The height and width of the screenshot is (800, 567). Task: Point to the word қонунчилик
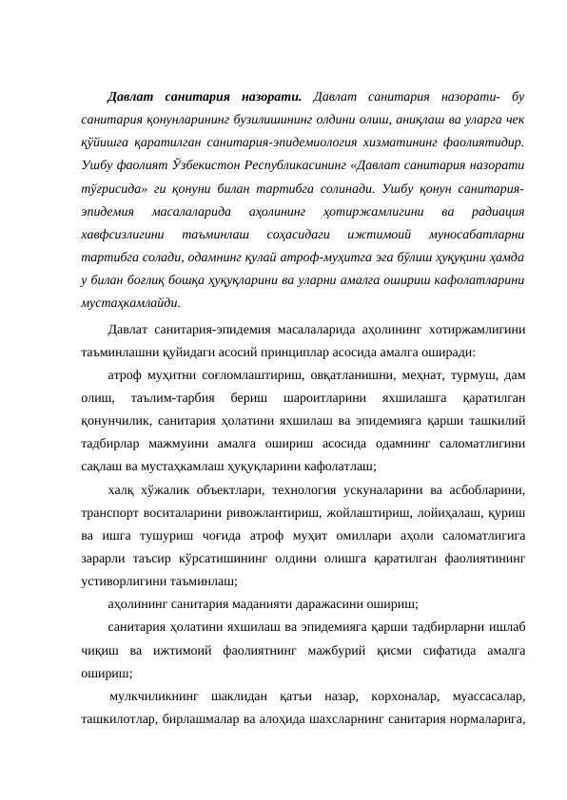coord(111,419)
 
